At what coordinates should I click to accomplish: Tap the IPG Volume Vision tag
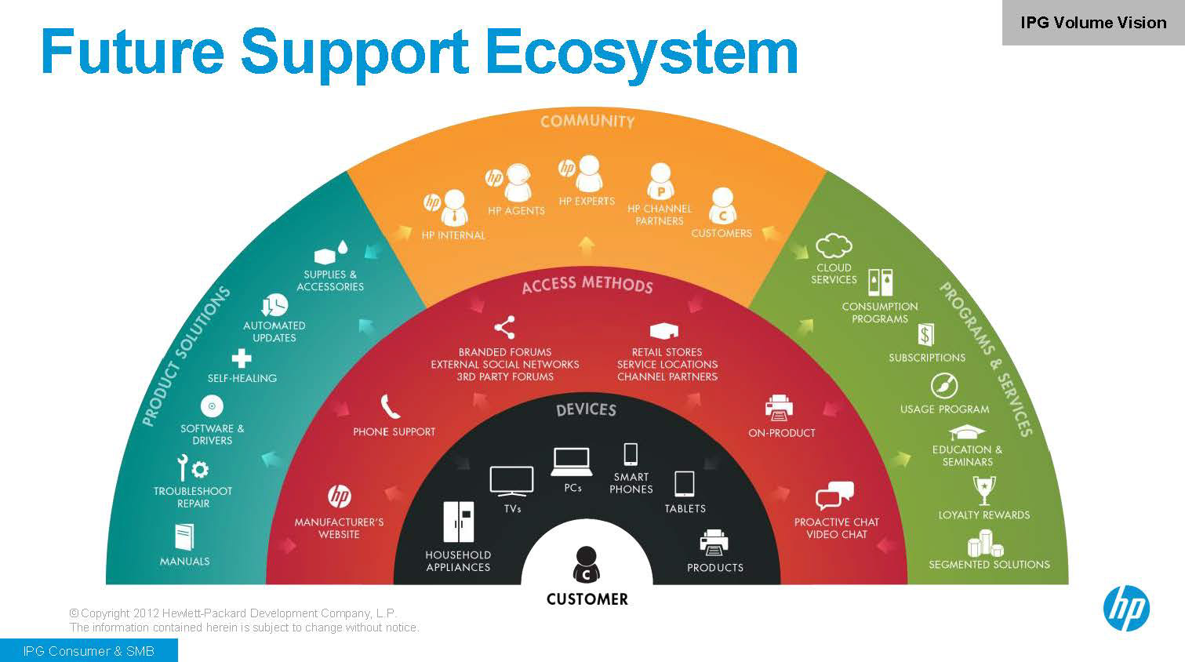[1092, 23]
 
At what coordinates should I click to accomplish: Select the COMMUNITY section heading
[587, 122]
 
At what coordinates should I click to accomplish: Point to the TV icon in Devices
[511, 481]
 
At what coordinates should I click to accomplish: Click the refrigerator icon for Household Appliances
[458, 522]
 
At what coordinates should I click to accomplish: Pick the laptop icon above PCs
[571, 462]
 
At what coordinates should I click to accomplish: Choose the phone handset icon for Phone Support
[391, 406]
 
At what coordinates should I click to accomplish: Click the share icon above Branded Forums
[504, 327]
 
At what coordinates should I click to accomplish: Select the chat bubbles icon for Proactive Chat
[834, 497]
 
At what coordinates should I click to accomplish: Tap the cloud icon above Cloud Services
[834, 246]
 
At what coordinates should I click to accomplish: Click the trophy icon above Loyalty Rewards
[983, 490]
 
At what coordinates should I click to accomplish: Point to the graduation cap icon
[967, 432]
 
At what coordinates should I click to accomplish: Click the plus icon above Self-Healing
[242, 358]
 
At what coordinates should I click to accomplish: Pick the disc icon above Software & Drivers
[212, 406]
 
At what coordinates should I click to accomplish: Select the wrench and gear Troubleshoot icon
[192, 468]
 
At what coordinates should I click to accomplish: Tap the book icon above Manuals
[184, 537]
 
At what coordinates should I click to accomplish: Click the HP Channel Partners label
[660, 215]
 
